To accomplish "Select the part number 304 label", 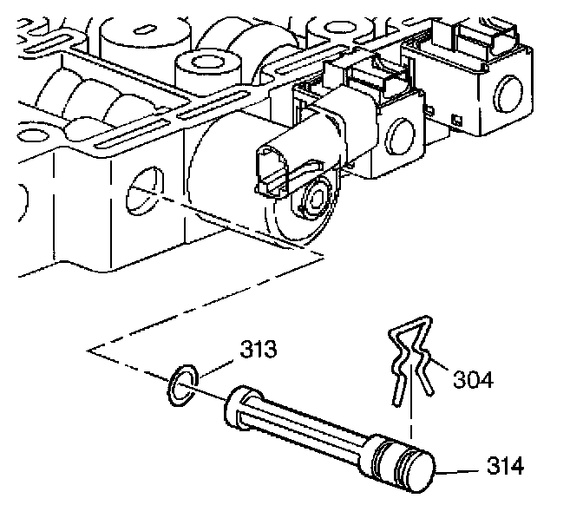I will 473,379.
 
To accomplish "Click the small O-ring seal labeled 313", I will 180,384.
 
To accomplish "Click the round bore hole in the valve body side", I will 142,192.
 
